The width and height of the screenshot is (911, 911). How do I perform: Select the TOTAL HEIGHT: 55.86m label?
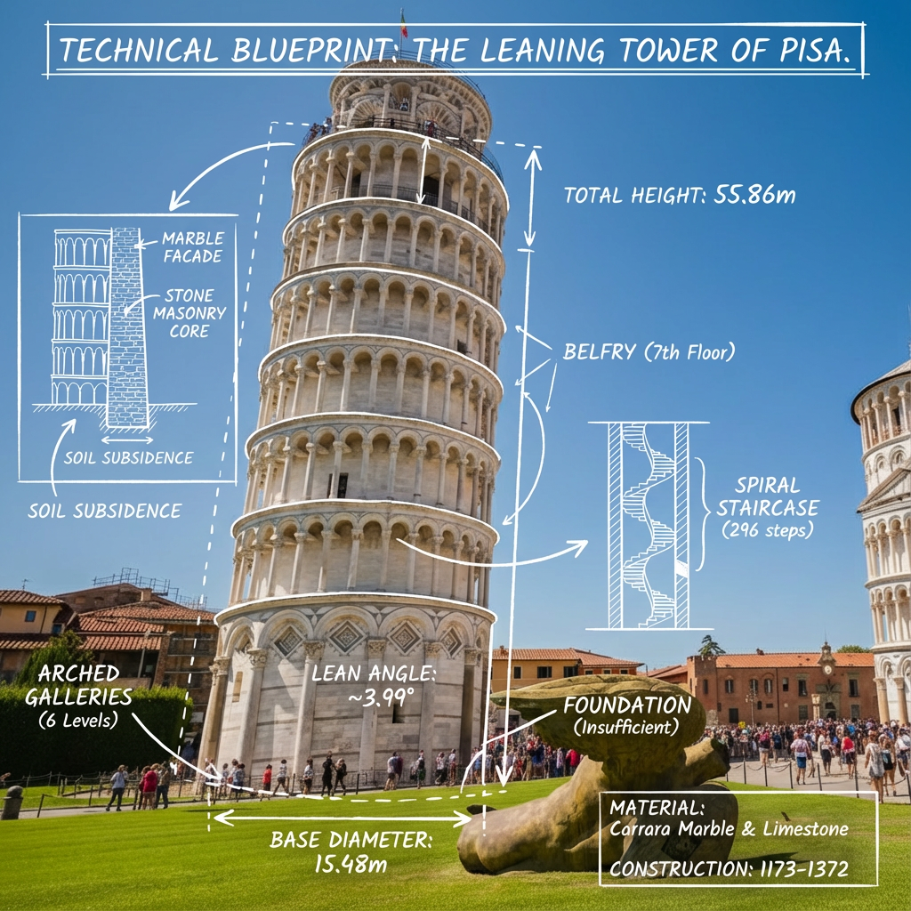[x=680, y=195]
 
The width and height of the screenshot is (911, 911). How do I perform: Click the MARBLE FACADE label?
[x=192, y=247]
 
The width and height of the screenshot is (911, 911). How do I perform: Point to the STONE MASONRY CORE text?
[x=189, y=313]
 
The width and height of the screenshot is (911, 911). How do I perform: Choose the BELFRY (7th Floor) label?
[x=649, y=351]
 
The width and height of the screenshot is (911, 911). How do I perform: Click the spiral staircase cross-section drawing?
[x=648, y=525]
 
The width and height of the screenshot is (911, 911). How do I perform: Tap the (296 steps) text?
[x=768, y=529]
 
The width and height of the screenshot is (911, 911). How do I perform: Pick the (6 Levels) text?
[x=79, y=720]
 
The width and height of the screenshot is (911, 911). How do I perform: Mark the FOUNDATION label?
[x=626, y=706]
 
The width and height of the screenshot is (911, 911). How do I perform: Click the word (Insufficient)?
[x=626, y=728]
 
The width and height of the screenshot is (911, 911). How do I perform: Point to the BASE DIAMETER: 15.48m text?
[x=351, y=851]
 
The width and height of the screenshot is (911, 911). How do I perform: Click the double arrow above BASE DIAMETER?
[x=343, y=815]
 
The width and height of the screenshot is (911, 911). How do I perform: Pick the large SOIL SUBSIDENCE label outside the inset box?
[x=105, y=511]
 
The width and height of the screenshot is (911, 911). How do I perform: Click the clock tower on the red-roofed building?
[x=826, y=660]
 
